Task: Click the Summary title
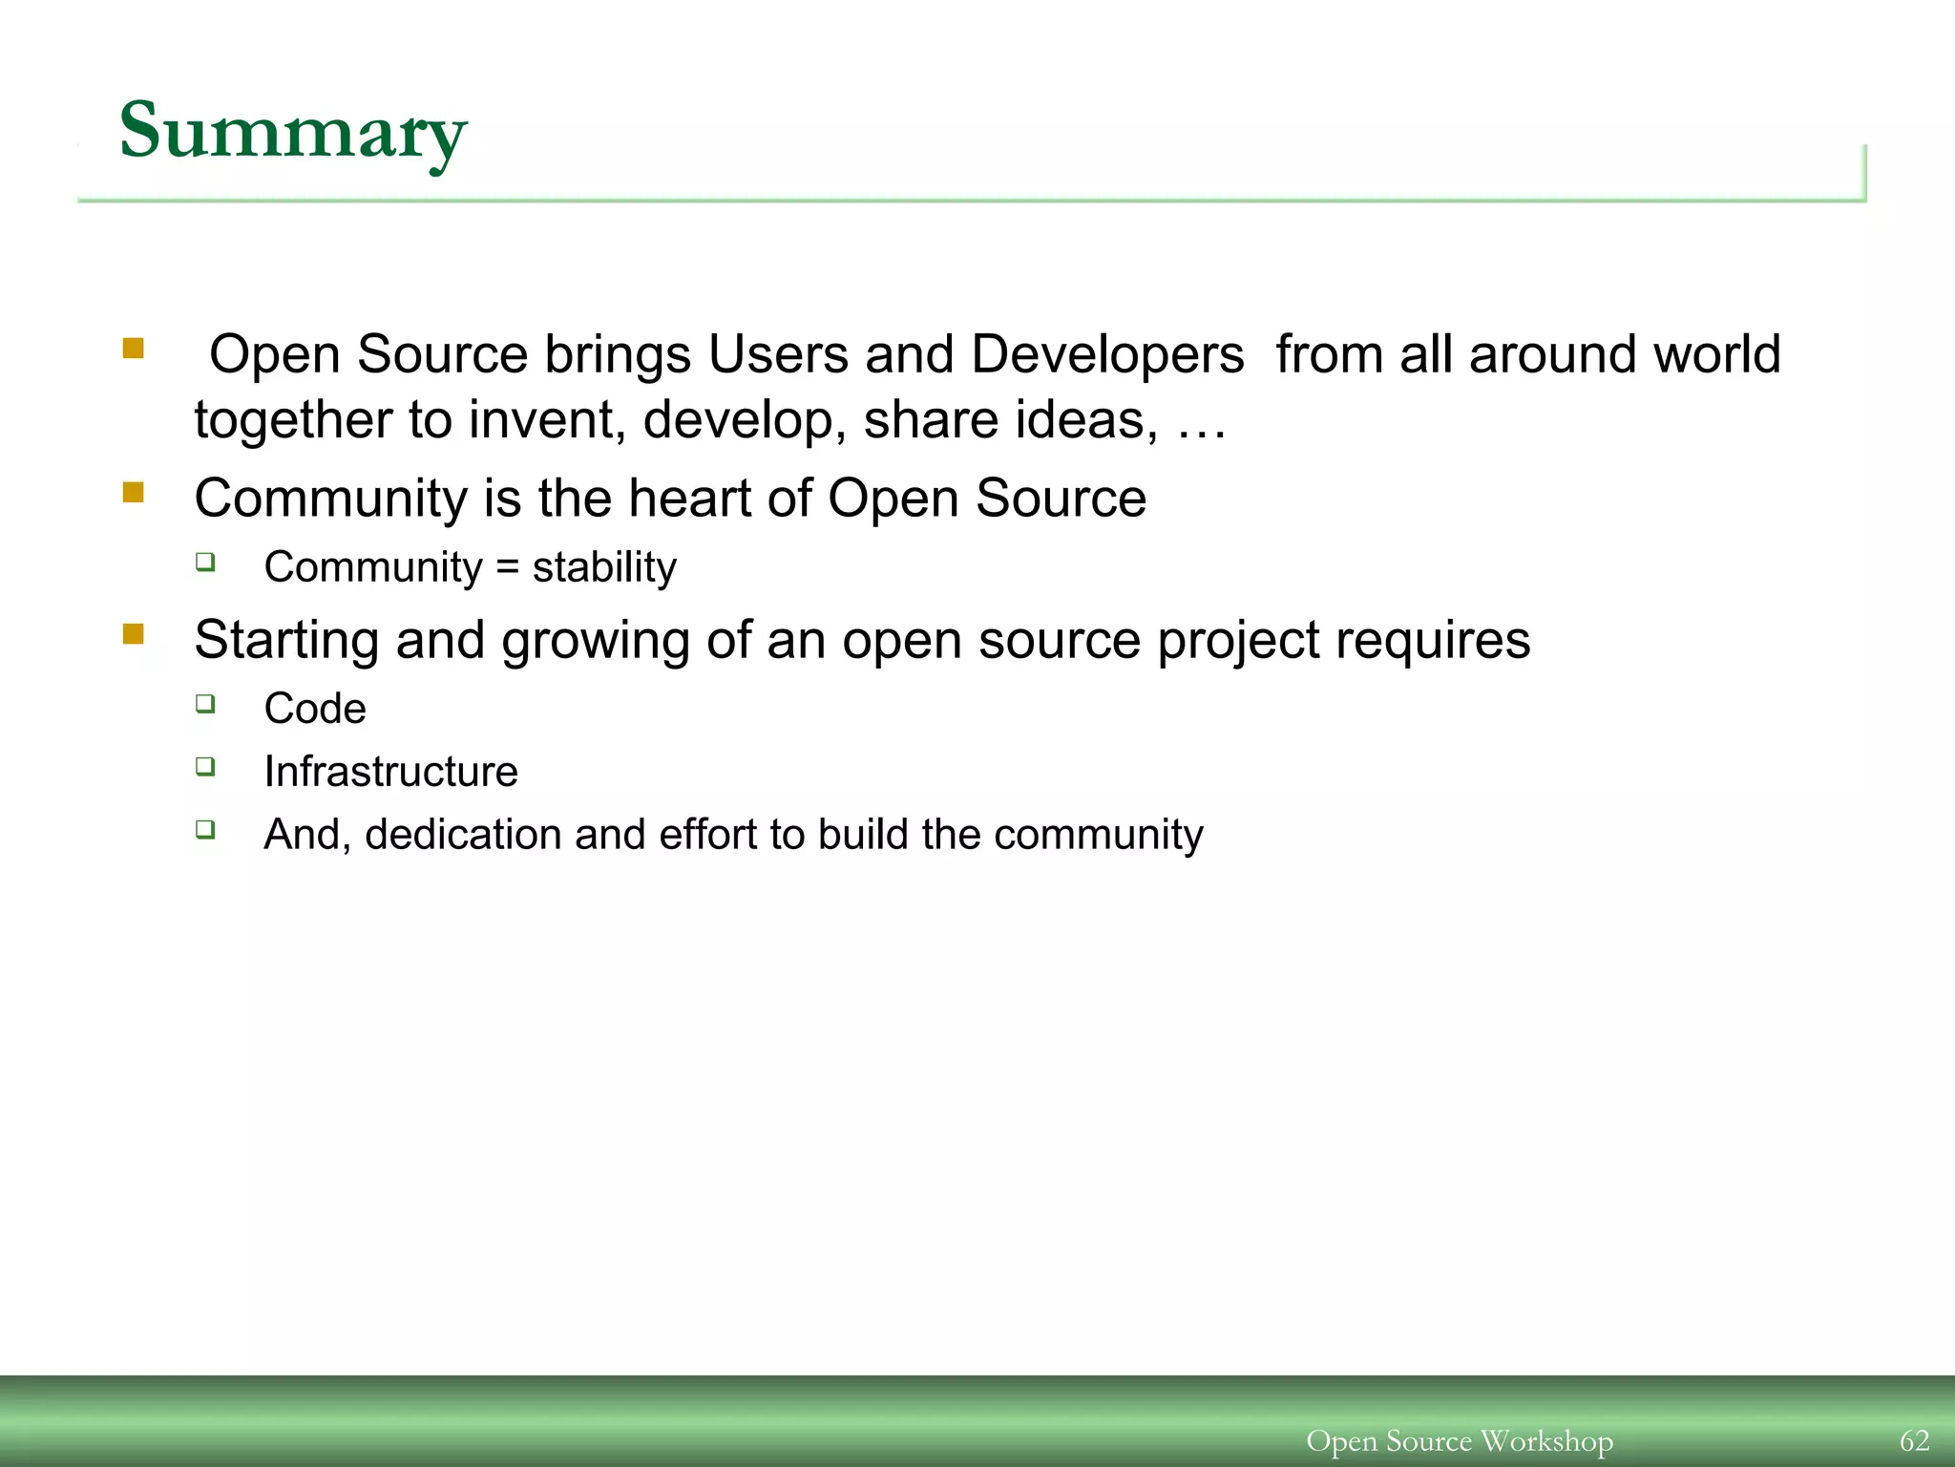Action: pos(292,132)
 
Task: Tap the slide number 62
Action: pos(1914,1440)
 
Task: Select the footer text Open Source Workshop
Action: pos(1459,1440)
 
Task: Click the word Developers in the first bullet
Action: pos(1107,355)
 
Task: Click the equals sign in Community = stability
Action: pos(507,568)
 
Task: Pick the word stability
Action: pos(604,568)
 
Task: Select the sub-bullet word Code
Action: pos(315,709)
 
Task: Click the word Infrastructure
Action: pos(390,772)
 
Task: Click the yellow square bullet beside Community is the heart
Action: pos(133,493)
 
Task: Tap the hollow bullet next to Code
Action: pos(205,704)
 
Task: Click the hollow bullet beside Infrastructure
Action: pos(205,766)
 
